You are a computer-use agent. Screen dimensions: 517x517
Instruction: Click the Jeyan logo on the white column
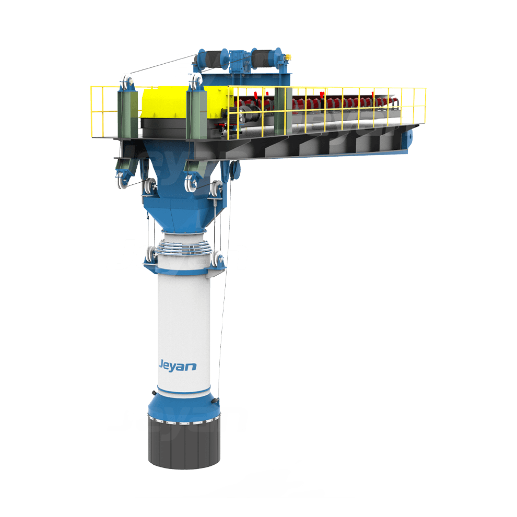coord(178,366)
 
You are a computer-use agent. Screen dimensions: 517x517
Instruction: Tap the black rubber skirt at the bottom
coord(184,442)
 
